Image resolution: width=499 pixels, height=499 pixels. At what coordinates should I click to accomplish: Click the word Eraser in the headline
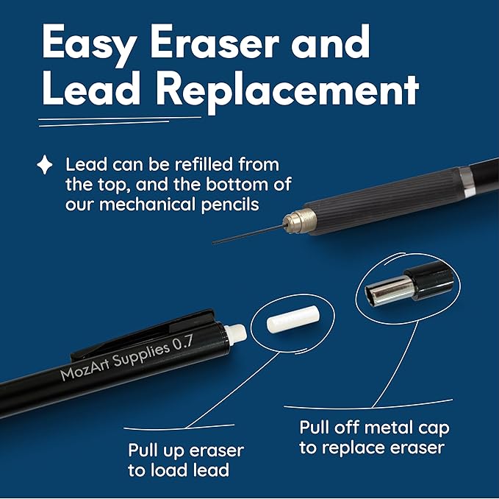point(215,43)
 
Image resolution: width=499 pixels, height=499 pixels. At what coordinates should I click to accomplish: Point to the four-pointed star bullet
point(45,165)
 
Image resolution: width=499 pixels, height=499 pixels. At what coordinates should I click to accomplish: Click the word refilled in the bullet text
point(204,164)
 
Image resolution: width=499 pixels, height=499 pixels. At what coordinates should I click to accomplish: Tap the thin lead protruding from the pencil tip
point(248,234)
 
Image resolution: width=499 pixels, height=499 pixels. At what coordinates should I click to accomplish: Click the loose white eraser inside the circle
point(292,319)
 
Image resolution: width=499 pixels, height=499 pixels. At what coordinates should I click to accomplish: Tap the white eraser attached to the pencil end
point(235,334)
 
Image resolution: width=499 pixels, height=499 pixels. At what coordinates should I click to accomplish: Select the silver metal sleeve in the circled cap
point(389,291)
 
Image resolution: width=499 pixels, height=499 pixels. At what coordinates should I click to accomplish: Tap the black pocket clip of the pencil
point(143,335)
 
